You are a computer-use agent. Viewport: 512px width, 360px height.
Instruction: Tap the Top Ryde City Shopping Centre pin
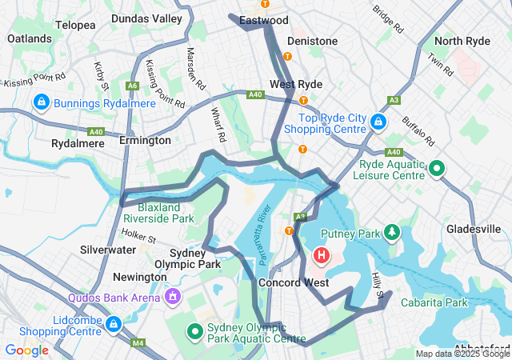(378, 122)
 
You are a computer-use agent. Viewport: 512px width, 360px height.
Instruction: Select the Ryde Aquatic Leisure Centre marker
(437, 169)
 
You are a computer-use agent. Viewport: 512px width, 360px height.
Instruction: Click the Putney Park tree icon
(391, 233)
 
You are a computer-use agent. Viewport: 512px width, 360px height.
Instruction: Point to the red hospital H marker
(321, 256)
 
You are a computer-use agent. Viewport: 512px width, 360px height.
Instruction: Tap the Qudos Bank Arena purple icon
(172, 297)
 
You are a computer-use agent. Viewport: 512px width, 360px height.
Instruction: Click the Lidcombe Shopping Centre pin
(114, 325)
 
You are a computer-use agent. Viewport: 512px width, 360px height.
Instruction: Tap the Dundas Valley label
(146, 18)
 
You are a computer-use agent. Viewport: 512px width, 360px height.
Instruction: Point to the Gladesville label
(473, 229)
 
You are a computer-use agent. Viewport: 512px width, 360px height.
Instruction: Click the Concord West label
(293, 282)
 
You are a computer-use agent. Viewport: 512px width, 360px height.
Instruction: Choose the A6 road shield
(132, 85)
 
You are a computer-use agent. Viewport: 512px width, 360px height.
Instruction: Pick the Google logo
(26, 350)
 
